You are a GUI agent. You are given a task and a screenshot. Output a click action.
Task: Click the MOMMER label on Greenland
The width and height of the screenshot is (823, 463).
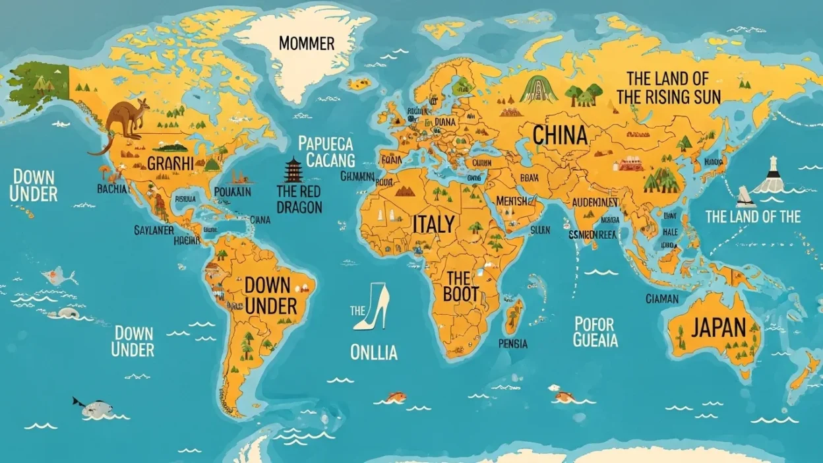point(307,44)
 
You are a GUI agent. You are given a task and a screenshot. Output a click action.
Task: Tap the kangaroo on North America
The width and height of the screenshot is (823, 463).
point(125,120)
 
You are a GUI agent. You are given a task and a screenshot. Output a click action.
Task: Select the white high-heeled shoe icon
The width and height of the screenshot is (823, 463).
point(371,307)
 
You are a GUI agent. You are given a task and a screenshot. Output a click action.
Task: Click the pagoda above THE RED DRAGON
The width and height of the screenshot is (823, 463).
point(292,170)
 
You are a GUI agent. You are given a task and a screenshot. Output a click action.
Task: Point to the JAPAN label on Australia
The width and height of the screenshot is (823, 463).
point(718,327)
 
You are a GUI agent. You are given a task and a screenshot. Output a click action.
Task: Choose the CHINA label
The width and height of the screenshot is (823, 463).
point(560,135)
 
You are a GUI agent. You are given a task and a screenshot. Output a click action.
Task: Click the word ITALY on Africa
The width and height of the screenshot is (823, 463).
point(433,224)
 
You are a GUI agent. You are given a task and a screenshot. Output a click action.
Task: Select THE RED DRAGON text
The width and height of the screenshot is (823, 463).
point(299,199)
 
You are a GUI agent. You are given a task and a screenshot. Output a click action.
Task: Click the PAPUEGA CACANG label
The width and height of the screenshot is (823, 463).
point(326,152)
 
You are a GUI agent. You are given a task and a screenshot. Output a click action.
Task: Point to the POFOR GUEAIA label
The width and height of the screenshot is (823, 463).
point(595,332)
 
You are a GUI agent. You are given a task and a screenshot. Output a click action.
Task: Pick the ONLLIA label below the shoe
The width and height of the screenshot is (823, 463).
point(374,353)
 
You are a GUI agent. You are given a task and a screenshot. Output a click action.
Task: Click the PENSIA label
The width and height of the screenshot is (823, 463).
point(513,344)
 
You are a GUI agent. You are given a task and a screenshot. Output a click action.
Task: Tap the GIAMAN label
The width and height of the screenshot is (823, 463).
point(662,299)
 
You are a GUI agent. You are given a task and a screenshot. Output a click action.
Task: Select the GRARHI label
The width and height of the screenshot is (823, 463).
point(171,164)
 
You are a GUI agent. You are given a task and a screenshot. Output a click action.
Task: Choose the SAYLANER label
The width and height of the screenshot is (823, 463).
point(154,230)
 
